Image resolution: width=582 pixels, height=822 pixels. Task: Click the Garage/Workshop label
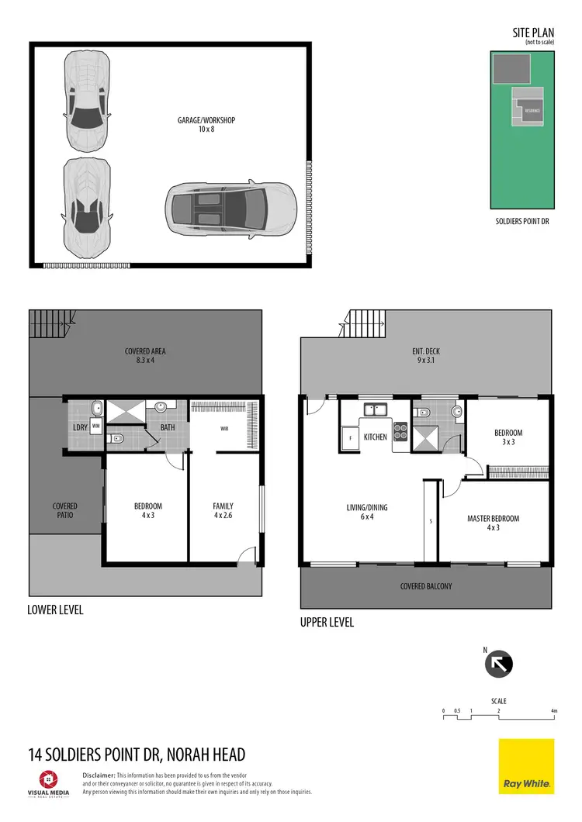[x=206, y=125]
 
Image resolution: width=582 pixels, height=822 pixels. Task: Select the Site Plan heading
[x=534, y=33]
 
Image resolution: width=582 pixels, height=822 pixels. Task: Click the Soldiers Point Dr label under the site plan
[x=522, y=221]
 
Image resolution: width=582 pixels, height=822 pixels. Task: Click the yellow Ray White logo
[x=526, y=766]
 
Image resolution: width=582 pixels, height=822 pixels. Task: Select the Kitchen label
[x=375, y=437]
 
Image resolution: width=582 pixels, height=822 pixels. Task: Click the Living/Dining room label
[x=367, y=513]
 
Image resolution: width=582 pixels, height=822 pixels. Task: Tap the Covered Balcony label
[x=425, y=586]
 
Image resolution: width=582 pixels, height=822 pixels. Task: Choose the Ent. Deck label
[x=426, y=356]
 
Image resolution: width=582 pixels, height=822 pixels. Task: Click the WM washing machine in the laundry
[x=96, y=426]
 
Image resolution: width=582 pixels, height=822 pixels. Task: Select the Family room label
[x=223, y=511]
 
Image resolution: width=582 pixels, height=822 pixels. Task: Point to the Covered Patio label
[x=65, y=511]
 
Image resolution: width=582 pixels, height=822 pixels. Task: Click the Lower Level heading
[x=55, y=610]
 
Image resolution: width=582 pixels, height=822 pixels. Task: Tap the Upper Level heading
[x=327, y=622]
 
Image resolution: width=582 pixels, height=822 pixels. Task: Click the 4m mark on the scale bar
[x=554, y=711]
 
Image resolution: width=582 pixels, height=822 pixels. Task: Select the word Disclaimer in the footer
[x=99, y=775]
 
